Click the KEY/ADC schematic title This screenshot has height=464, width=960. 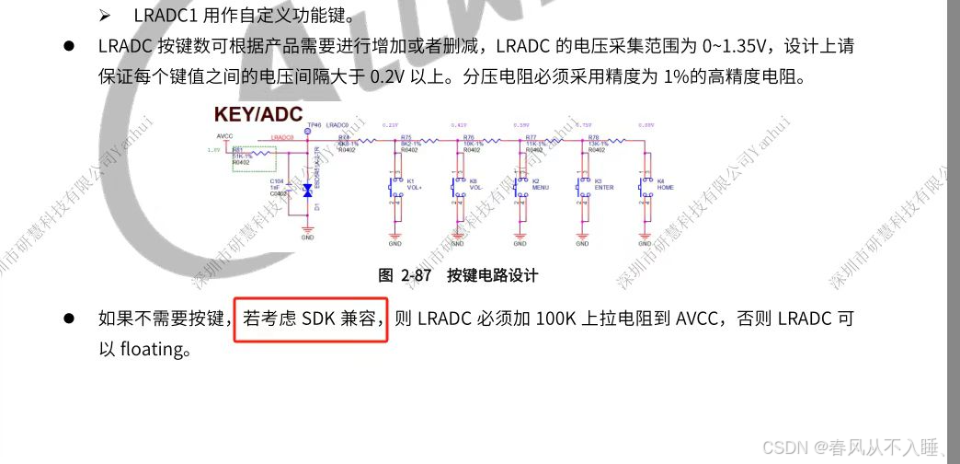(258, 114)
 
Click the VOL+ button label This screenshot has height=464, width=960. (414, 187)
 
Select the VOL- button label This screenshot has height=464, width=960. (476, 187)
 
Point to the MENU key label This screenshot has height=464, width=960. (540, 187)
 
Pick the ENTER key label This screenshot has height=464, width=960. (603, 187)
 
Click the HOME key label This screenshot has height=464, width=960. (667, 187)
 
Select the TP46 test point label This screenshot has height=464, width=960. (314, 124)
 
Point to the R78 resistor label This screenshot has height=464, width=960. (594, 136)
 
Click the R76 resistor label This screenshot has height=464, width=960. (469, 136)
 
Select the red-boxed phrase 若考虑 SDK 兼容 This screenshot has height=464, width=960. (312, 319)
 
